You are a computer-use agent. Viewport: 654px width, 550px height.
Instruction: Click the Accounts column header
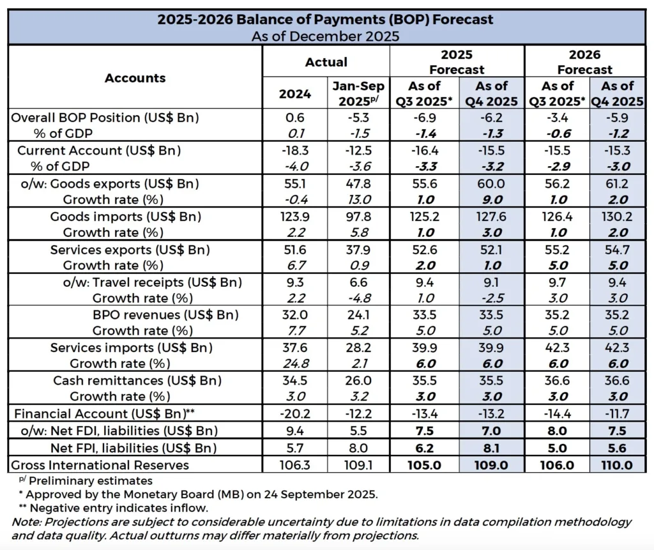coord(135,78)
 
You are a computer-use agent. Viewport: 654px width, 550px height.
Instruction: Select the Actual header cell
coord(326,62)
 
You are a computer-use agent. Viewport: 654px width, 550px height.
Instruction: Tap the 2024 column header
coord(295,94)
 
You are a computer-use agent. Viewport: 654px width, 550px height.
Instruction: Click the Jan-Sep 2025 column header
coord(358,94)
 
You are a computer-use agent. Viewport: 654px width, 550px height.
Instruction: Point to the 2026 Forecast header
coord(584,62)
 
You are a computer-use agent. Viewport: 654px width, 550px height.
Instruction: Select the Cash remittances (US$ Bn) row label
coord(137,381)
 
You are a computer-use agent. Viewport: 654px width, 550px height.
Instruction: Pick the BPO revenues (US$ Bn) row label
coord(165,314)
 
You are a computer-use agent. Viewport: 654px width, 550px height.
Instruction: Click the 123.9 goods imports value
coord(294,217)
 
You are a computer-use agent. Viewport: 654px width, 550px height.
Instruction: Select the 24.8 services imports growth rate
coord(294,364)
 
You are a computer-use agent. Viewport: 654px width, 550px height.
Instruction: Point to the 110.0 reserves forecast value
coord(617,464)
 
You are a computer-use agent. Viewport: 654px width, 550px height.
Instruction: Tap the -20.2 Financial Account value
coord(294,414)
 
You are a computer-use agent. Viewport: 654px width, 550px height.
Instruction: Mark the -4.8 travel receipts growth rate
coord(358,298)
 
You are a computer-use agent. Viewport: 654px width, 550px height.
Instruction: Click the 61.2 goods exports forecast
coord(617,184)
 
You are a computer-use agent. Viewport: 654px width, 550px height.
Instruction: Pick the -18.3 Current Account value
coord(294,151)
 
